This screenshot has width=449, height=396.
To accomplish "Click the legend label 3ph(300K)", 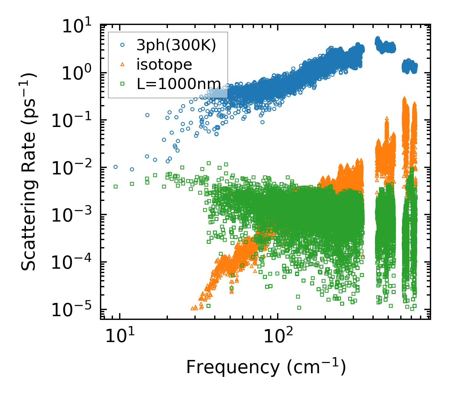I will tap(176, 46).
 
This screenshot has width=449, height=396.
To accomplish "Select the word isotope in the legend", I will tap(164, 65).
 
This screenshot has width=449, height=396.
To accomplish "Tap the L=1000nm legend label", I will tap(179, 84).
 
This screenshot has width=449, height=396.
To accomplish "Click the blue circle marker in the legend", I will tap(123, 45).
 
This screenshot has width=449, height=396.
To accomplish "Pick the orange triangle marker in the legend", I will tap(123, 64).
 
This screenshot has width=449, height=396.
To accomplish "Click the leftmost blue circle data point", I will tap(115, 167).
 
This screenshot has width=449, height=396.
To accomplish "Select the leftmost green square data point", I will tap(115, 186).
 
